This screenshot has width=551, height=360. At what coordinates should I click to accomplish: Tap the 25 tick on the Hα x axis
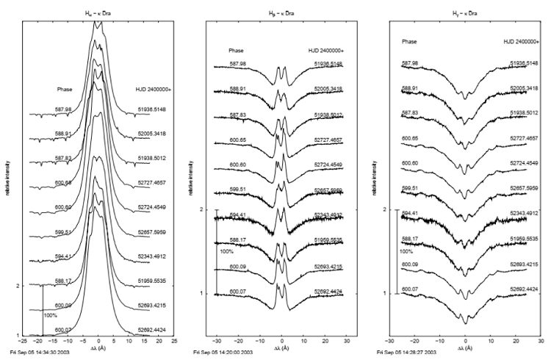point(174,342)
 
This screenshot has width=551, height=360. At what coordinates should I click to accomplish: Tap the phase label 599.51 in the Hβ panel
point(237,189)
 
